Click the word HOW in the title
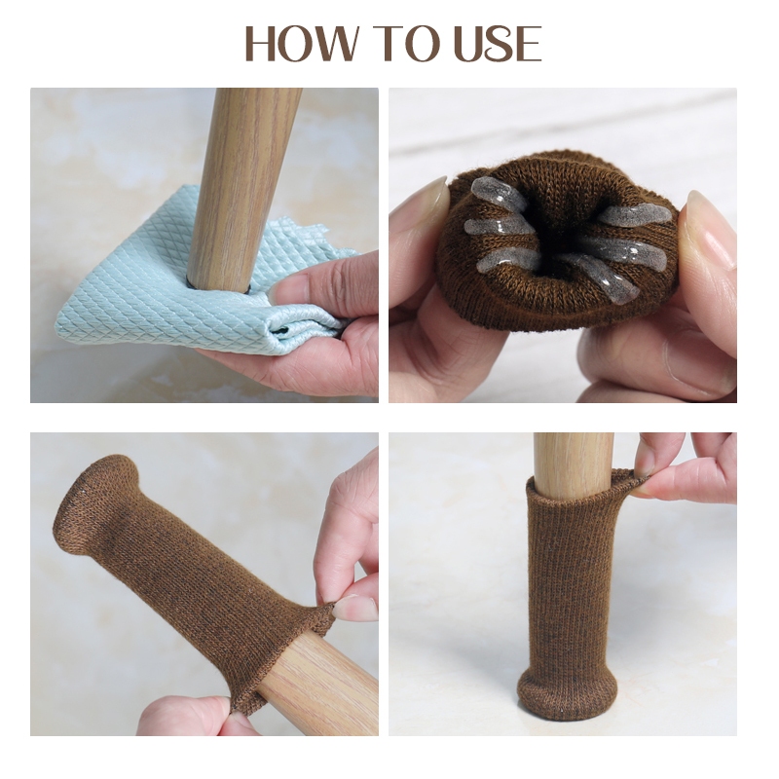click(x=302, y=43)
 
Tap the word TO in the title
click(x=409, y=43)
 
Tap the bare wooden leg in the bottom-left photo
click(x=318, y=688)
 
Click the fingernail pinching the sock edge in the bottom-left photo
click(x=354, y=608)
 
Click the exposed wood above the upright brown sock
click(x=573, y=464)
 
